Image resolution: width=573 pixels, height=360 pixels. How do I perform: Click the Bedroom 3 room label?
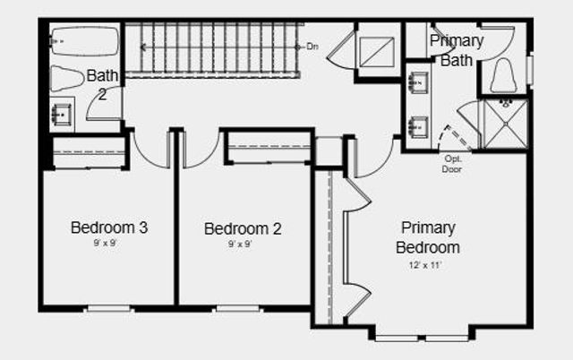pyautogui.click(x=108, y=227)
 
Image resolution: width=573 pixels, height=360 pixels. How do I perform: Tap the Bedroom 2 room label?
pyautogui.click(x=243, y=229)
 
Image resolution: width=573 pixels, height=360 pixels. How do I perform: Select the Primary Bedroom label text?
pyautogui.click(x=428, y=237)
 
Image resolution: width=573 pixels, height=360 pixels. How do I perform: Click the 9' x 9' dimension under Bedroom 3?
pyautogui.click(x=108, y=243)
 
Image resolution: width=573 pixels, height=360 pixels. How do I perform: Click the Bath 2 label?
pyautogui.click(x=99, y=84)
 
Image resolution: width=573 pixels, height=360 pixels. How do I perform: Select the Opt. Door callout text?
pyautogui.click(x=452, y=164)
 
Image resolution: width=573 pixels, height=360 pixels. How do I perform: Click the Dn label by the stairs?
pyautogui.click(x=312, y=47)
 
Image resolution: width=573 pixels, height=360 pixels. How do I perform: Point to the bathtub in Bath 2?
pyautogui.click(x=84, y=42)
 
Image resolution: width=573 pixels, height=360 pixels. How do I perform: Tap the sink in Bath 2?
pyautogui.click(x=63, y=115)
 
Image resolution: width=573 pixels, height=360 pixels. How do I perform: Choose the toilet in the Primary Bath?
pyautogui.click(x=503, y=76)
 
